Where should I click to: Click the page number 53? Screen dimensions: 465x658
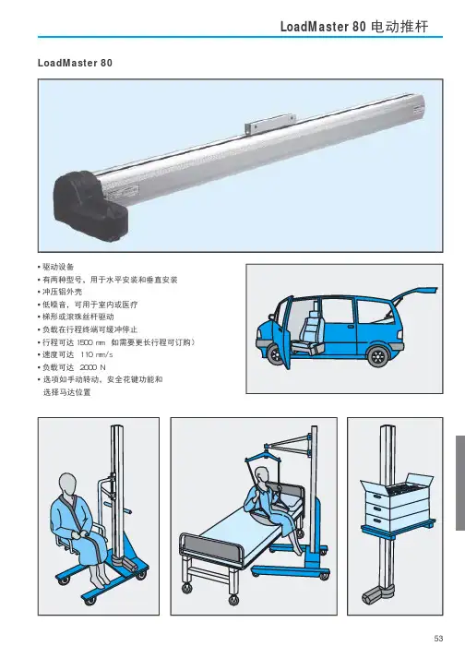click(x=438, y=638)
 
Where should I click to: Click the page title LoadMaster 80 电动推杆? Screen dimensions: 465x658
click(x=354, y=27)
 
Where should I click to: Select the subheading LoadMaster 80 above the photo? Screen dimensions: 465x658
click(x=75, y=63)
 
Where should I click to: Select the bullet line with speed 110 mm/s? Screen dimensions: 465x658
click(x=75, y=354)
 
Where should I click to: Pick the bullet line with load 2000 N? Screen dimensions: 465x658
click(x=72, y=367)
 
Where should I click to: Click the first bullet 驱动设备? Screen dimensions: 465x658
click(x=55, y=267)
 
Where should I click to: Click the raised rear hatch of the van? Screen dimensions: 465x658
click(x=414, y=294)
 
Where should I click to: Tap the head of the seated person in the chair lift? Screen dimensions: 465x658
click(x=67, y=484)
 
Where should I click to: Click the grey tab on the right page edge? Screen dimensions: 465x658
click(x=460, y=483)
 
